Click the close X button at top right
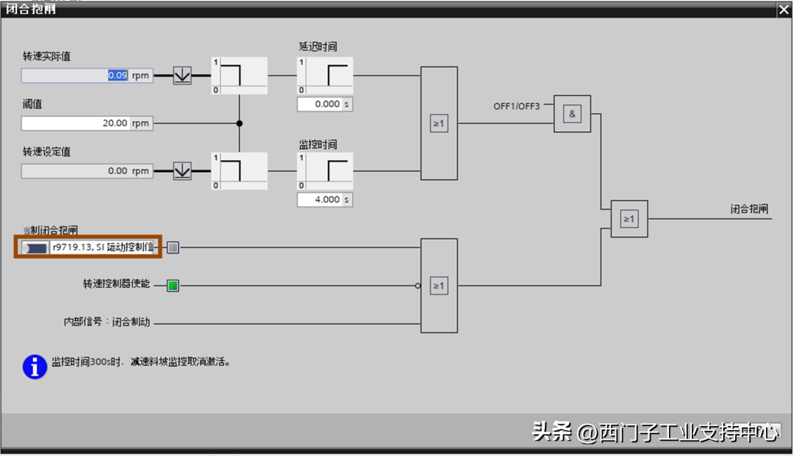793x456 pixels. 783,9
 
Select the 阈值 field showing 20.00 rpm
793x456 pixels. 75,123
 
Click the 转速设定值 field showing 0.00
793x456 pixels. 75,171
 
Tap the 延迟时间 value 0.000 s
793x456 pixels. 319,104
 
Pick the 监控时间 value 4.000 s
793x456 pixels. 319,200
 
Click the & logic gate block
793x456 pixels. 572,114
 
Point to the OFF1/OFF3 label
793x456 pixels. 516,106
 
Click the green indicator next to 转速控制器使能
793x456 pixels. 173,286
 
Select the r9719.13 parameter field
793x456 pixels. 102,247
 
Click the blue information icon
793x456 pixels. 35,366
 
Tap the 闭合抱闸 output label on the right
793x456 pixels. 749,209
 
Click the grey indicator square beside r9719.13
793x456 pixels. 173,247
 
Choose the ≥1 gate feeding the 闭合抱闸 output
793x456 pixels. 629,219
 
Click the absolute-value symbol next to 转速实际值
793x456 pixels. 181,75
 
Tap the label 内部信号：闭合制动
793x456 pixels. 107,322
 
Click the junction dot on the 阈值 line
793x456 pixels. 239,123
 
